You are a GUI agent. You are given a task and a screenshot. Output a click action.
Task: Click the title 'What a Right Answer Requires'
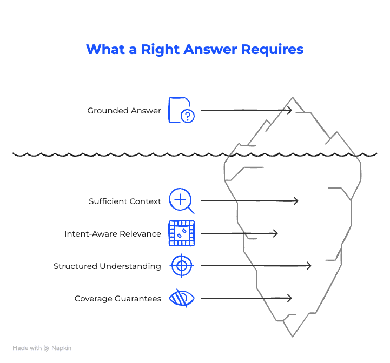click(195, 49)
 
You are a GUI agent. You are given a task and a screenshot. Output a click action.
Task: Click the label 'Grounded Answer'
click(124, 111)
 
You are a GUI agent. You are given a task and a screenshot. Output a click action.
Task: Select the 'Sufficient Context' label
click(125, 201)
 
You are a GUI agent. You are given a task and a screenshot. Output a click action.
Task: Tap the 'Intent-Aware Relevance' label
click(113, 234)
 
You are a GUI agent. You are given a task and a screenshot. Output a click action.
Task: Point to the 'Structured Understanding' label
click(107, 266)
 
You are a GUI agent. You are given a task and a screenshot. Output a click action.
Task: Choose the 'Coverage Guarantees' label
click(117, 299)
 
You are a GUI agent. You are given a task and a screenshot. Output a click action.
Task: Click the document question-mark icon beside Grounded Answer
click(181, 110)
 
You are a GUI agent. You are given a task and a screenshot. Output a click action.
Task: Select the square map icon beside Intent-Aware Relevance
click(181, 233)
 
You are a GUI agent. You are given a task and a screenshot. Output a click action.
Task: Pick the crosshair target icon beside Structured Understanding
click(181, 266)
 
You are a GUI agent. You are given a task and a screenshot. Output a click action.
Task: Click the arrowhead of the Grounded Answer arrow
click(289, 110)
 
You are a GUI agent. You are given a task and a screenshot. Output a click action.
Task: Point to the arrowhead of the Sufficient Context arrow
click(295, 201)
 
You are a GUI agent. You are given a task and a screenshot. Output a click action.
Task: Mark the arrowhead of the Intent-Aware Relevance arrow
click(275, 233)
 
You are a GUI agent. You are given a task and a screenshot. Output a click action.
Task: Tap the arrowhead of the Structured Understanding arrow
click(309, 266)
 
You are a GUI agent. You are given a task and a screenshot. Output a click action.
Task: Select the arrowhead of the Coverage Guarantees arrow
click(289, 298)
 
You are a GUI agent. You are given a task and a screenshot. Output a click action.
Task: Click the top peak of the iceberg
click(293, 99)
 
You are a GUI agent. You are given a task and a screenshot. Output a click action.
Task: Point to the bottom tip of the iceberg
click(293, 335)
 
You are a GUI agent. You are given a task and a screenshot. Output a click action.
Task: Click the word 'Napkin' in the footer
click(61, 348)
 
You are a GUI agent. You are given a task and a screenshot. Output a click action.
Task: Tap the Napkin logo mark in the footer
click(47, 348)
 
